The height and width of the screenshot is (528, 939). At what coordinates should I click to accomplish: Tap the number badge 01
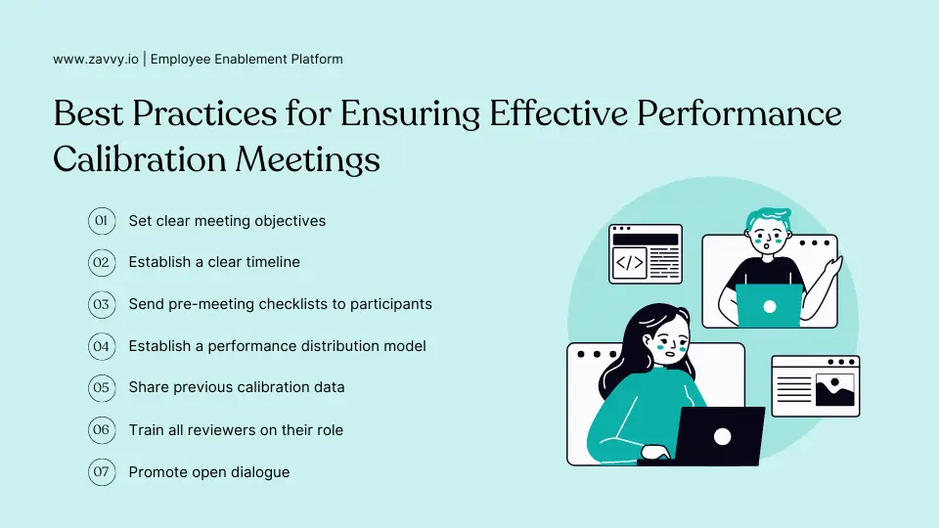pos(101,221)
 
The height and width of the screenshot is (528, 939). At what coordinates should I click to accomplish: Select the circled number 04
pos(101,346)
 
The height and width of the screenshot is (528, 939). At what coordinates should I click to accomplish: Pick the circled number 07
pos(101,472)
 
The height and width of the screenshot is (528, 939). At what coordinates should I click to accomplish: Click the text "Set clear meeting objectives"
pos(227,221)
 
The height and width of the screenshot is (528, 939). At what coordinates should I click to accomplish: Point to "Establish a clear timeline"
pos(214,262)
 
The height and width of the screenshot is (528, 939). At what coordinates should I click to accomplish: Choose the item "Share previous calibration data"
pos(237,387)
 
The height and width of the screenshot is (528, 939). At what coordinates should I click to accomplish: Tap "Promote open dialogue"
pos(209,472)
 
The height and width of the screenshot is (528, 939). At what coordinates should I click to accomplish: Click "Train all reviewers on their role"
pos(236,430)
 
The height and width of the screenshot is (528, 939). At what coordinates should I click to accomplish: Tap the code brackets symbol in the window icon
pos(629,262)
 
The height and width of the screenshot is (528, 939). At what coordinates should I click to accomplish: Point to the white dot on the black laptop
pos(723,436)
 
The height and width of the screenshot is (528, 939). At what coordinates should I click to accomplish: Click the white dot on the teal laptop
pos(769,306)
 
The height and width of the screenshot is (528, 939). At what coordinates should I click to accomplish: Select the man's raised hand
pos(833,267)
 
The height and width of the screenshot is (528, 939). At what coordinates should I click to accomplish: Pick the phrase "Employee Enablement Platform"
pos(246,59)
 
